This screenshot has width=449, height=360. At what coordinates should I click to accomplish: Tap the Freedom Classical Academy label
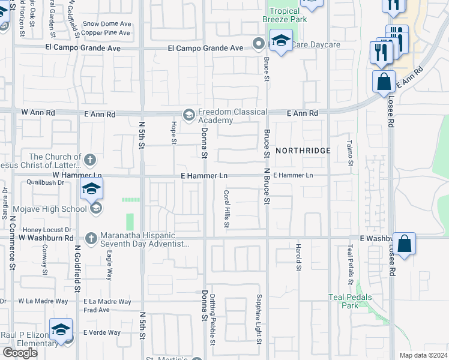coord(232,116)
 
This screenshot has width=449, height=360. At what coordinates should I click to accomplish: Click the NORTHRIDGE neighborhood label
coord(303,150)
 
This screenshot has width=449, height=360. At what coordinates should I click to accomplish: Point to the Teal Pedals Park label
coord(350,301)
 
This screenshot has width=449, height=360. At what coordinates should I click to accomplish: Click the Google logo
coord(20,353)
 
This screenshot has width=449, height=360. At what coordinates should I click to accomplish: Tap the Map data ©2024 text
coord(423,355)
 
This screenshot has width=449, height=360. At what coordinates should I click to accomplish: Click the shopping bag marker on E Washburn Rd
coord(405,244)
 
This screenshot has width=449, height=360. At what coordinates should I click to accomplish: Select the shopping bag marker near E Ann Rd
coord(384,82)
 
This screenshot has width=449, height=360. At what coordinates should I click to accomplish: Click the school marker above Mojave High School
coord(91,189)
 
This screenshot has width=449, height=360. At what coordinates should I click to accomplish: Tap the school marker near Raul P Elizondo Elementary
coord(61,330)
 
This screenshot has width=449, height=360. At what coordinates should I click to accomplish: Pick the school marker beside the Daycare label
coord(280,41)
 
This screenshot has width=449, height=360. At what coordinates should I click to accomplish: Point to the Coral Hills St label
coord(227,209)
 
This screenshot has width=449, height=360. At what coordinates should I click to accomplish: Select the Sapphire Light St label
coord(259,328)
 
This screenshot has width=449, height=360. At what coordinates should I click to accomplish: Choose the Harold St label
coord(297,257)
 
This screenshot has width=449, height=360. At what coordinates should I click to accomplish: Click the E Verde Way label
coord(102,332)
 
